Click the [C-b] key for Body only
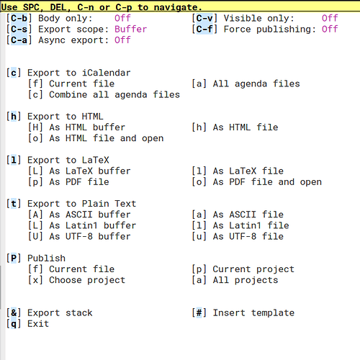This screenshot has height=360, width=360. pyautogui.click(x=19, y=18)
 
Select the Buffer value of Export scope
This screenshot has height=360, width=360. pyautogui.click(x=130, y=30)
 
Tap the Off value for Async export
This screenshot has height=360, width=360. pyautogui.click(x=122, y=40)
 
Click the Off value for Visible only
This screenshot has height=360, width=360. pyautogui.click(x=330, y=18)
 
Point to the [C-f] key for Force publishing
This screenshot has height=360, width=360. pyautogui.click(x=204, y=30)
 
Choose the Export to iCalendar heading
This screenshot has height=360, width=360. pyautogui.click(x=79, y=73)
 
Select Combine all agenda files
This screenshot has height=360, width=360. pyautogui.click(x=114, y=94)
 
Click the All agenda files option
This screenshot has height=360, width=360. pyautogui.click(x=256, y=84)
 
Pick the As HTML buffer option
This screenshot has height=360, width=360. pyautogui.click(x=87, y=127)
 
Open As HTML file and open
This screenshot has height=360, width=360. pyautogui.click(x=107, y=138)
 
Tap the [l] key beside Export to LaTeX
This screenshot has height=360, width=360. pyautogui.click(x=14, y=160)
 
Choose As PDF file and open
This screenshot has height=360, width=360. pyautogui.click(x=267, y=182)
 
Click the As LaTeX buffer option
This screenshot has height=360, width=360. pyautogui.click(x=90, y=171)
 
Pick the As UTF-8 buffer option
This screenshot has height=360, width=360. pyautogui.click(x=90, y=236)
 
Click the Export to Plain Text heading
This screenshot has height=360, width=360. pyautogui.click(x=81, y=204)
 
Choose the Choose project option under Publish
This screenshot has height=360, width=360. pyautogui.click(x=87, y=280)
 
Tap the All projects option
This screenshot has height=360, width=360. pyautogui.click(x=246, y=280)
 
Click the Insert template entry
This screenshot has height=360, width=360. pyautogui.click(x=253, y=312)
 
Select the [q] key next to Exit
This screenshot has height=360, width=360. pyautogui.click(x=14, y=324)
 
